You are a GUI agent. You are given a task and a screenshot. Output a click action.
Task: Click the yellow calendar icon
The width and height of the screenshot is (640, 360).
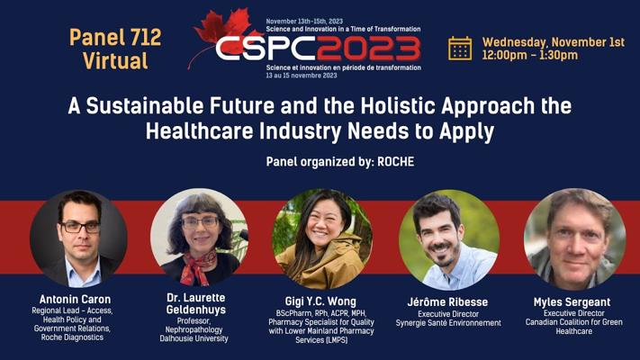[x=460, y=49]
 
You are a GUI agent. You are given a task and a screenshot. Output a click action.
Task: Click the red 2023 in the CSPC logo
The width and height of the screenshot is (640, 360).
[x=368, y=49]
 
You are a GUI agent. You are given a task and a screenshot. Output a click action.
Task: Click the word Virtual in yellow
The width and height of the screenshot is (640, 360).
[x=115, y=61]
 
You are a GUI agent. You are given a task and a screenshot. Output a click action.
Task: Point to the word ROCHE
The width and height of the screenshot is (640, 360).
[x=395, y=162]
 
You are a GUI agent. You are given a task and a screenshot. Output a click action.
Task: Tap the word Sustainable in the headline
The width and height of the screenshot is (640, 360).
[x=145, y=105]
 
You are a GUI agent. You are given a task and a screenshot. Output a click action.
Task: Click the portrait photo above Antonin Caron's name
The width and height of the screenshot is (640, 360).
[x=79, y=238]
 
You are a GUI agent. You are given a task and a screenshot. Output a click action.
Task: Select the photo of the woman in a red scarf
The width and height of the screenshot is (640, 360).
[x=199, y=237]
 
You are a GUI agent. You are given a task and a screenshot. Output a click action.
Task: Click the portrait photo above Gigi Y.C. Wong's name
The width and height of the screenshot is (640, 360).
[x=322, y=238]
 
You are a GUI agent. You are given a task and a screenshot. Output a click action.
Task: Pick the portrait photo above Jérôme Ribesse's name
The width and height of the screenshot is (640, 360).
[x=449, y=239]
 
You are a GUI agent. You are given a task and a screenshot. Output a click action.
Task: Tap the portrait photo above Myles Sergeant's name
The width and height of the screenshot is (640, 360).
[x=574, y=239]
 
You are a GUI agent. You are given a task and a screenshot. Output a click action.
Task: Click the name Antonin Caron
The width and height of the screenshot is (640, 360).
[x=75, y=299]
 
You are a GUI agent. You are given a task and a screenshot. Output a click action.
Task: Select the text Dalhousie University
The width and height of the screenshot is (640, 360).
[x=194, y=338]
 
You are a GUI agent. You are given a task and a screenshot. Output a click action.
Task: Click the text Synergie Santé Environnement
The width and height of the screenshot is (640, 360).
[x=448, y=323]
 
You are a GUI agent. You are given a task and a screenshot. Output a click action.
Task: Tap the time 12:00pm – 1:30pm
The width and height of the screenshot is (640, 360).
[x=530, y=55]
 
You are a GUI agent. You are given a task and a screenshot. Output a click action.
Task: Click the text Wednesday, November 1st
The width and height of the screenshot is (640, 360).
[x=554, y=42]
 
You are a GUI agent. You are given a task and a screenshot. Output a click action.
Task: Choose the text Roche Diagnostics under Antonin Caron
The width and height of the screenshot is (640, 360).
[x=72, y=337]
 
